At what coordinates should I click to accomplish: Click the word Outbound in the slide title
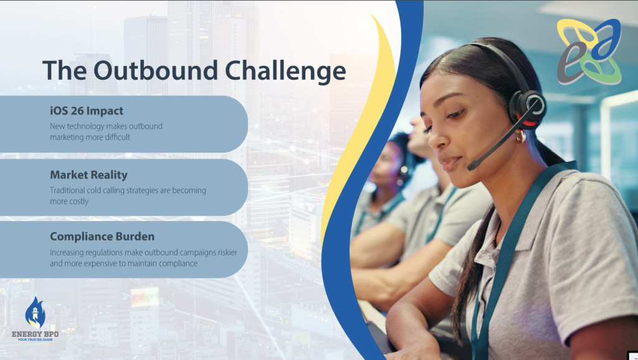point(155,70)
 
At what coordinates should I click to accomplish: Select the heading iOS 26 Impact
point(86,111)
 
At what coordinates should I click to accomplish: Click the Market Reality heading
point(88,175)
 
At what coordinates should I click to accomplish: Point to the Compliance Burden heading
point(102,236)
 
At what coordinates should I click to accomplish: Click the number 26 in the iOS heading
point(77,111)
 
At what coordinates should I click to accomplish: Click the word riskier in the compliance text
point(227,252)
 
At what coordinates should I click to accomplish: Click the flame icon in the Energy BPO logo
point(35,313)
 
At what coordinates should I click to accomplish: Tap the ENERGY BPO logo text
point(35,334)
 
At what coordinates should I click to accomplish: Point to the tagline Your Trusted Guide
point(35,339)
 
